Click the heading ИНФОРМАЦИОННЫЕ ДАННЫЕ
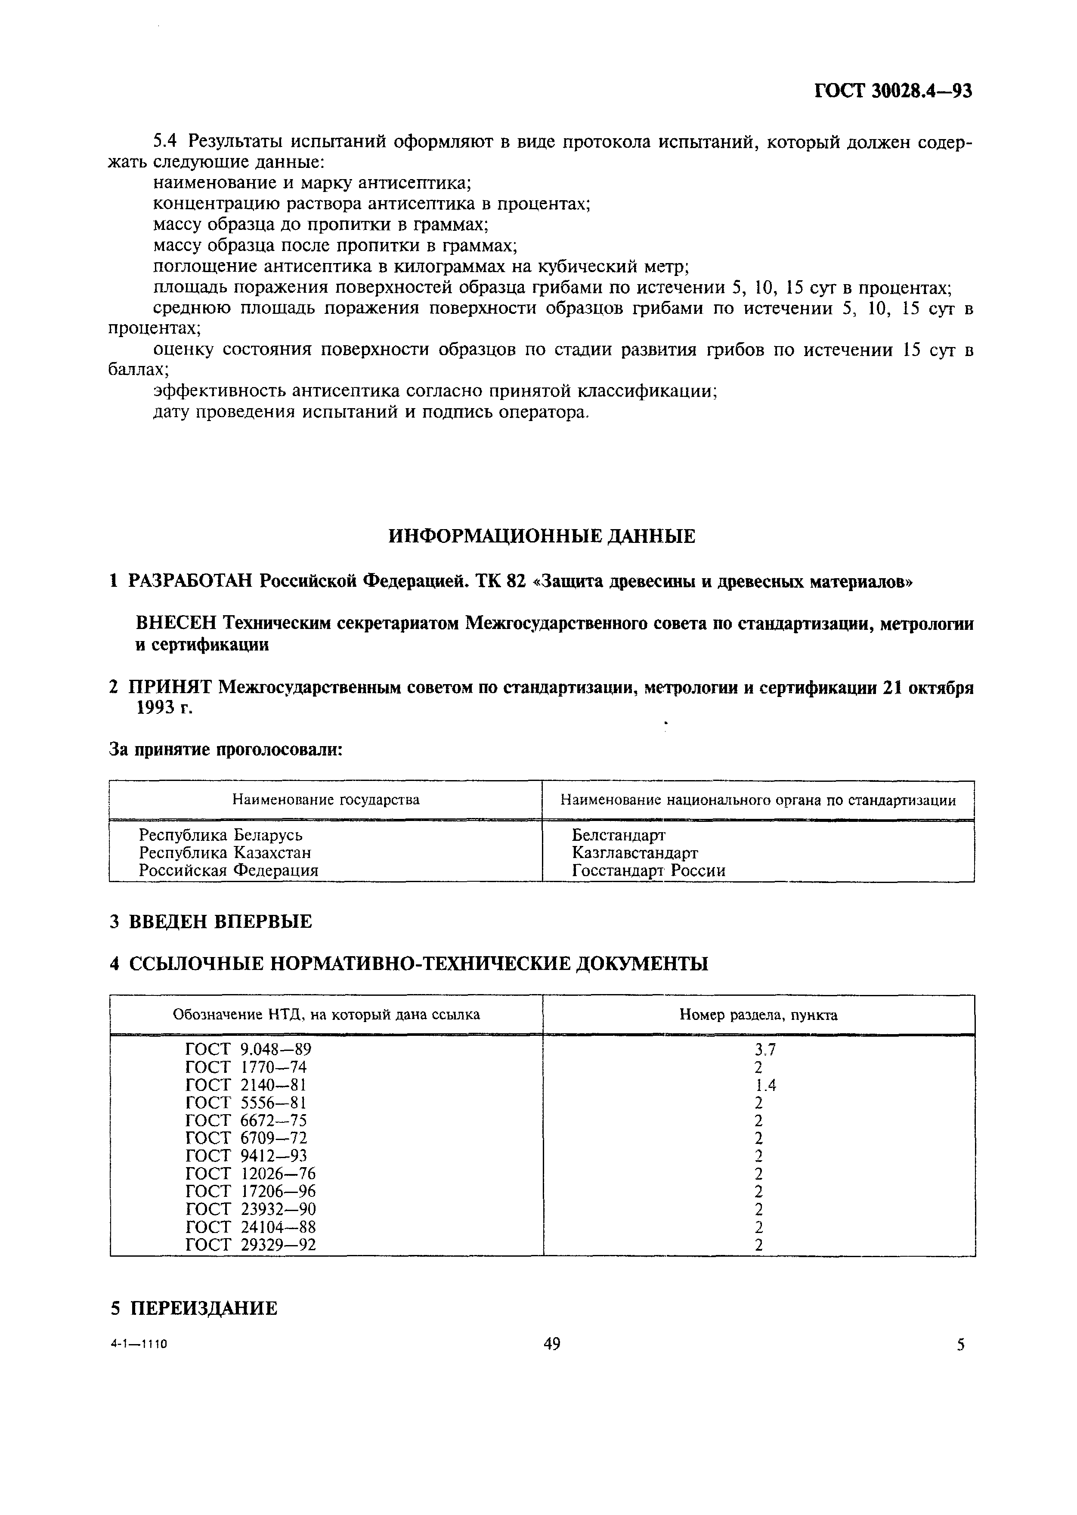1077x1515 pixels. [x=541, y=536]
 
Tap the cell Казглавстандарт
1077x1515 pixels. [x=634, y=852]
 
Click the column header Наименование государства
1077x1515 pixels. [x=325, y=799]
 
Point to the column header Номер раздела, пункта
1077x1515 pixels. [x=758, y=1015]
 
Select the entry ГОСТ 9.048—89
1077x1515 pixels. [x=248, y=1049]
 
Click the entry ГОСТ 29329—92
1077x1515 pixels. [x=251, y=1245]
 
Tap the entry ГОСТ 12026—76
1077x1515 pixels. [x=251, y=1174]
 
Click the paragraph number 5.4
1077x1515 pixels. [x=165, y=141]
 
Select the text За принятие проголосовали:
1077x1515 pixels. [x=226, y=750]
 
